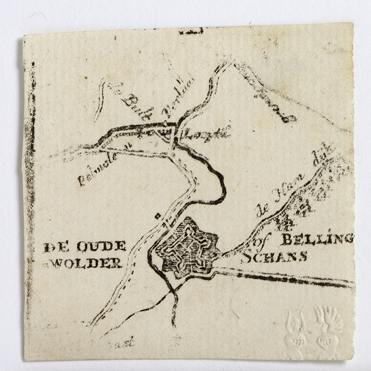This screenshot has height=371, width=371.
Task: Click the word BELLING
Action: coord(317,241)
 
